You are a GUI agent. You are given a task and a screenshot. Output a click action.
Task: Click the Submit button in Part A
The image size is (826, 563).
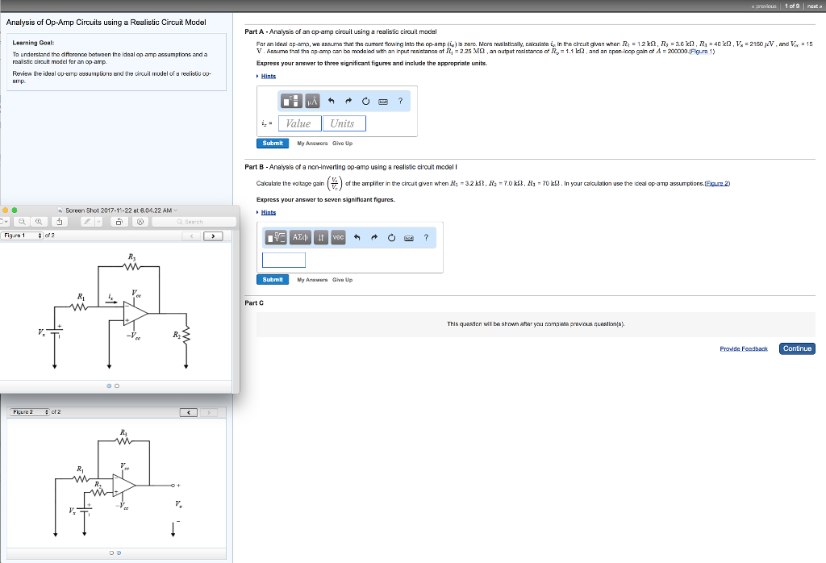(x=273, y=143)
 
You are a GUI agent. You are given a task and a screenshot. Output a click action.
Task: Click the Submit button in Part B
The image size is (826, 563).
(x=273, y=279)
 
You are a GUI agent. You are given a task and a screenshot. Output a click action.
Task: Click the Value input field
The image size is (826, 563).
(x=298, y=123)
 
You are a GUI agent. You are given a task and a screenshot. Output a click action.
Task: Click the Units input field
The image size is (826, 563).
(x=343, y=123)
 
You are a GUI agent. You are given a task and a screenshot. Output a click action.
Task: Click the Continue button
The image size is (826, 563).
(x=797, y=348)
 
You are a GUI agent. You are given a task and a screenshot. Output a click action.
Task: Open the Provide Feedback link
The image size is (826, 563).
(x=744, y=348)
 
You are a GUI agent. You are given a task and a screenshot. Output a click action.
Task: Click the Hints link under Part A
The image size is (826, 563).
(x=268, y=76)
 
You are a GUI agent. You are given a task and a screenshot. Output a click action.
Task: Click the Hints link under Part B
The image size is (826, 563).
(x=268, y=212)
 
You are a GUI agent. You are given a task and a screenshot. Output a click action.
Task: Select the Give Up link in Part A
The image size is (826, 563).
(x=342, y=143)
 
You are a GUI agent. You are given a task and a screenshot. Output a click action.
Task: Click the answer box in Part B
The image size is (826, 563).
(x=283, y=260)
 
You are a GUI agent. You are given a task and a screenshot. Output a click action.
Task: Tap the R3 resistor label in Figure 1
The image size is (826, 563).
(x=131, y=257)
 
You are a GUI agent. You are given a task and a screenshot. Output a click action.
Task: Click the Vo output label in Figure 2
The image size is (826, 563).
(x=177, y=506)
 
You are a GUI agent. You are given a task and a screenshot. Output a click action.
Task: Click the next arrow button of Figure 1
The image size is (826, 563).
(x=213, y=236)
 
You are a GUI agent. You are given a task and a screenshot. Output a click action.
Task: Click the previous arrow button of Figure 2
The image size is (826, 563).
(x=190, y=413)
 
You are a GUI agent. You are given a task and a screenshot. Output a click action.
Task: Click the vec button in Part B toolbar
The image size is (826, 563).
(x=337, y=237)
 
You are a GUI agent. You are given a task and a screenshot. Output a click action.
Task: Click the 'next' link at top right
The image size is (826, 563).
(x=813, y=5)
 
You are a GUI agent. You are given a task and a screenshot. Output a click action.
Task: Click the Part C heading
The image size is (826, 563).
(x=254, y=302)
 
